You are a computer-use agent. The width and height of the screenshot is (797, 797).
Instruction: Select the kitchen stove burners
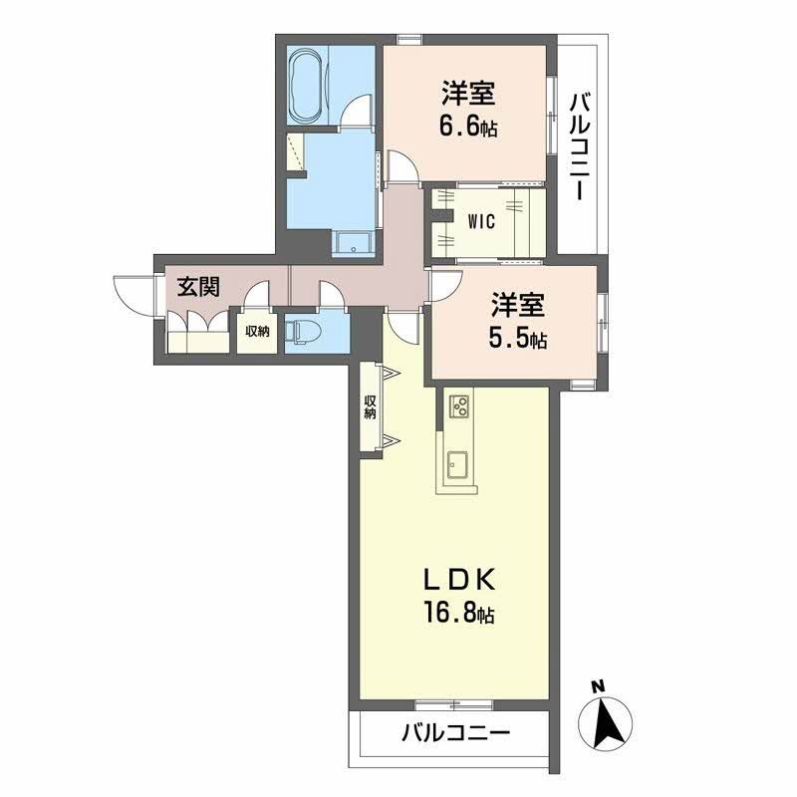460,405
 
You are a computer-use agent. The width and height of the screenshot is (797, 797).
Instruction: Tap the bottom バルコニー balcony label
456,734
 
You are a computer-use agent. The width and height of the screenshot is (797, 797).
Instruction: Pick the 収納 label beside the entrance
258,332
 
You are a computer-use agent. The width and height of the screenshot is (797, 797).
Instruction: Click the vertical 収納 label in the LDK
370,407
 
